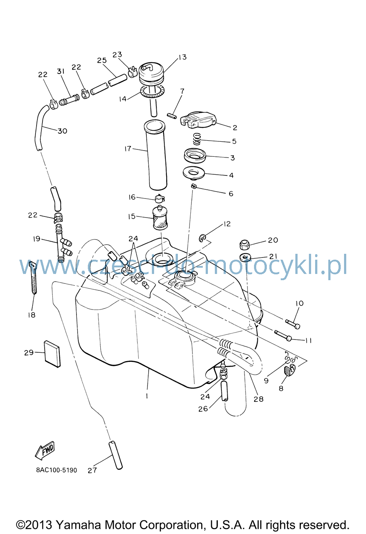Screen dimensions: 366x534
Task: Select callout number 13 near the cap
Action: click(182, 57)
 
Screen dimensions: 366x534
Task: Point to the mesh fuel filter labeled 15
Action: click(160, 218)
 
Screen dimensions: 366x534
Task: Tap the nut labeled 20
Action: click(244, 245)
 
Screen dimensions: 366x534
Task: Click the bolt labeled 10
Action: click(292, 324)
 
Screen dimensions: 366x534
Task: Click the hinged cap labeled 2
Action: click(198, 120)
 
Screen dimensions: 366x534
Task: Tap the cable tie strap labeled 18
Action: click(33, 278)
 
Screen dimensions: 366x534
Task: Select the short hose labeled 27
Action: click(116, 456)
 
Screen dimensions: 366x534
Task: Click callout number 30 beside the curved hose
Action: click(63, 131)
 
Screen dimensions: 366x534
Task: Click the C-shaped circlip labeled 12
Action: click(202, 238)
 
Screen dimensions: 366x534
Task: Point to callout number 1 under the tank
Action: click(147, 396)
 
